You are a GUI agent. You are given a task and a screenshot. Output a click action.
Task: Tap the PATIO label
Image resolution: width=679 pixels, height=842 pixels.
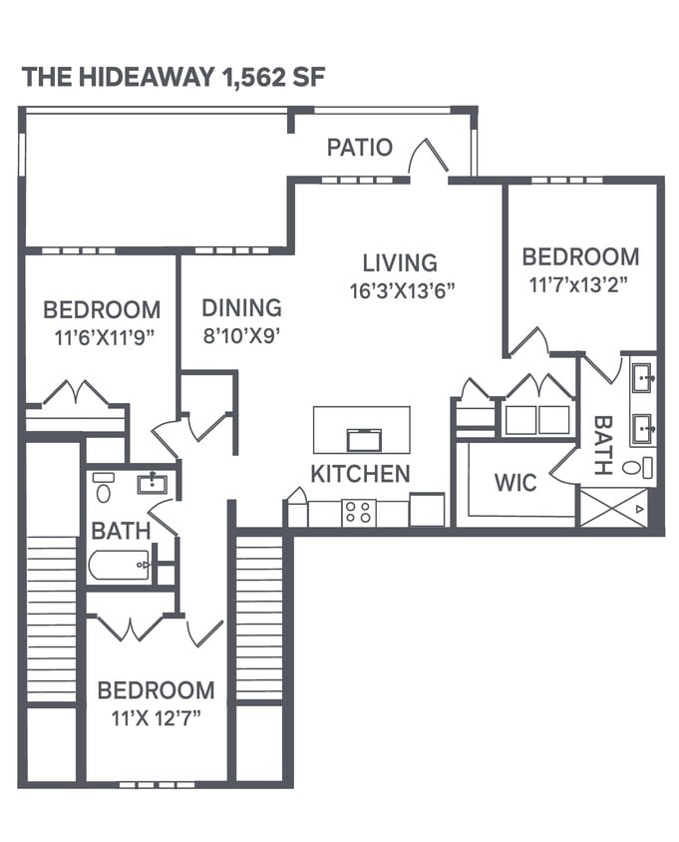click(360, 148)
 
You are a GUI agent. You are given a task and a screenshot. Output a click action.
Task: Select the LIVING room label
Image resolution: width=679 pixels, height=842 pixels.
click(399, 263)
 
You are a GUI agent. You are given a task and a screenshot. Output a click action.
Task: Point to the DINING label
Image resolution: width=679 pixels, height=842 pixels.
click(241, 308)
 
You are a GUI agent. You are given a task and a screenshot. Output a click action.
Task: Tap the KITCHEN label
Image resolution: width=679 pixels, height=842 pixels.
click(360, 474)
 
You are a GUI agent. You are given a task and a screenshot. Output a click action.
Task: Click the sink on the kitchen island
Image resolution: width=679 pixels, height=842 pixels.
click(362, 439)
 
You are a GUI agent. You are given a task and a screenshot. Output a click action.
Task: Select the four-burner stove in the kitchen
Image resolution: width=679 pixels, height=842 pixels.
click(358, 513)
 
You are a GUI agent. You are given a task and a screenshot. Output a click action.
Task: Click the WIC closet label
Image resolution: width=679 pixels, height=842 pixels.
click(514, 484)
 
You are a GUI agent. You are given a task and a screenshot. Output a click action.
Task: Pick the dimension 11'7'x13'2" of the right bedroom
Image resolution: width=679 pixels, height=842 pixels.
click(580, 283)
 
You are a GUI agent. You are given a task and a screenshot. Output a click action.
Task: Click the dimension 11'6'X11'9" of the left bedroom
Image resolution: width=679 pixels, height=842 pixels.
click(101, 337)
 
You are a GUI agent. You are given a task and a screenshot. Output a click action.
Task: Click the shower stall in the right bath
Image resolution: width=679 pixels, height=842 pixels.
click(613, 507)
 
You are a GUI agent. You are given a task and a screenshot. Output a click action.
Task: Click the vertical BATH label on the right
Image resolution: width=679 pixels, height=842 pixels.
click(601, 446)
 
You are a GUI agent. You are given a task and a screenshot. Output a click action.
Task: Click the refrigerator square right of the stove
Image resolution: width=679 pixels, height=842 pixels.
click(427, 510)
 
